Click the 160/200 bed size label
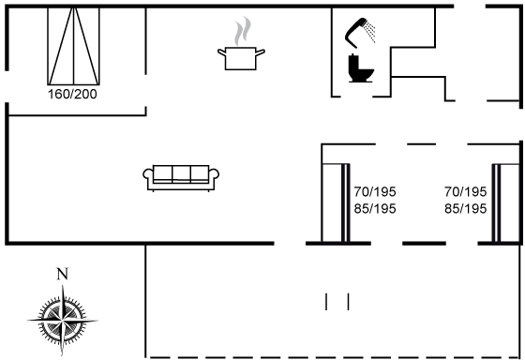[x=72, y=94]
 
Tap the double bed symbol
[x=73, y=46]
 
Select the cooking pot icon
[x=241, y=58]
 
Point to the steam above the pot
[x=243, y=31]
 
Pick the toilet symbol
[x=361, y=68]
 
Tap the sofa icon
[x=181, y=178]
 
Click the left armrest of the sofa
[x=148, y=175]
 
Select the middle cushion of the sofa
[x=182, y=174]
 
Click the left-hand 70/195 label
[x=375, y=192]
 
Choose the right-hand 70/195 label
[x=465, y=192]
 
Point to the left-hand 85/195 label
[x=375, y=209]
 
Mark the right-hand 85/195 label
[x=465, y=209]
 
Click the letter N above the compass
[x=62, y=274]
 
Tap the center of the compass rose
[x=62, y=321]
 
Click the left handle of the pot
[x=221, y=52]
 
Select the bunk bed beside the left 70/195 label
[x=336, y=202]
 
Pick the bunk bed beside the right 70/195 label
[x=505, y=202]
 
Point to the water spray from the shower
[x=370, y=31]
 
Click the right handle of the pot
[x=261, y=52]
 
